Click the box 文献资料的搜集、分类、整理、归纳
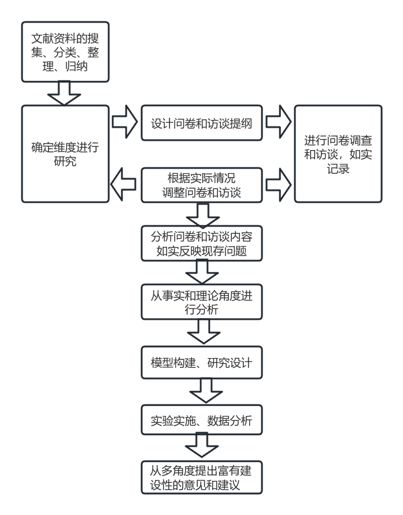point(65,53)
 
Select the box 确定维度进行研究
point(65,154)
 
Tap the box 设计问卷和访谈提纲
point(201,123)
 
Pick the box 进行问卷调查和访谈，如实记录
point(338,154)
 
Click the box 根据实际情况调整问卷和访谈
point(201,185)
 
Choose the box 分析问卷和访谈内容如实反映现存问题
point(201,243)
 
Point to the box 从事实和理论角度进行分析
point(201,302)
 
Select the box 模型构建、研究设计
point(201,363)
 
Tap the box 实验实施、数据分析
point(201,421)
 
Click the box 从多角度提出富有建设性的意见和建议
point(201,477)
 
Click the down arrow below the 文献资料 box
point(64,93)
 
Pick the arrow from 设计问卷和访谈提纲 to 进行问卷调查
point(279,122)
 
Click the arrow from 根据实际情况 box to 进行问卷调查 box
point(279,185)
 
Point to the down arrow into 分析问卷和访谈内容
point(202,215)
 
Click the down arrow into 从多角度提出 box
point(202,448)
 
